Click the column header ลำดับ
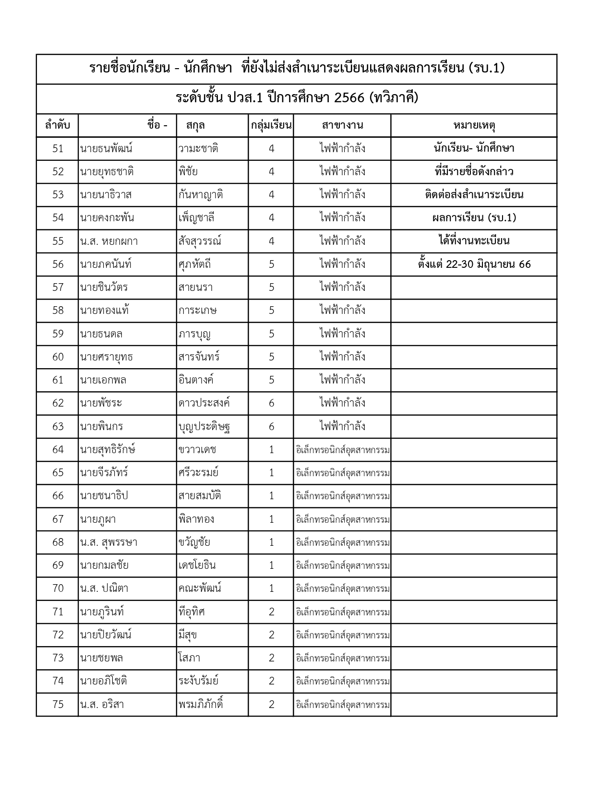tap(58, 126)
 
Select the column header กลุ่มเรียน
tap(271, 126)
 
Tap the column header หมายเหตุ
tap(474, 126)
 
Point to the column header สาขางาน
tap(342, 126)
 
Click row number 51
tap(58, 149)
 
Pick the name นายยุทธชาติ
tap(107, 172)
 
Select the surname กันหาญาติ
tap(200, 195)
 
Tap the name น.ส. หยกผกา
tap(109, 241)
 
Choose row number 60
tap(58, 357)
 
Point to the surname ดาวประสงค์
tap(204, 403)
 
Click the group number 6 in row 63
tap(271, 426)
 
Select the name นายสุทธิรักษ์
tap(108, 449)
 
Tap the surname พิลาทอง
tap(196, 519)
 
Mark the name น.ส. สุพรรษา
tap(109, 542)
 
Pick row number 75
tap(58, 704)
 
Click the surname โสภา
tap(189, 658)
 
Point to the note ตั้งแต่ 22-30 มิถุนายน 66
tap(474, 264)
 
